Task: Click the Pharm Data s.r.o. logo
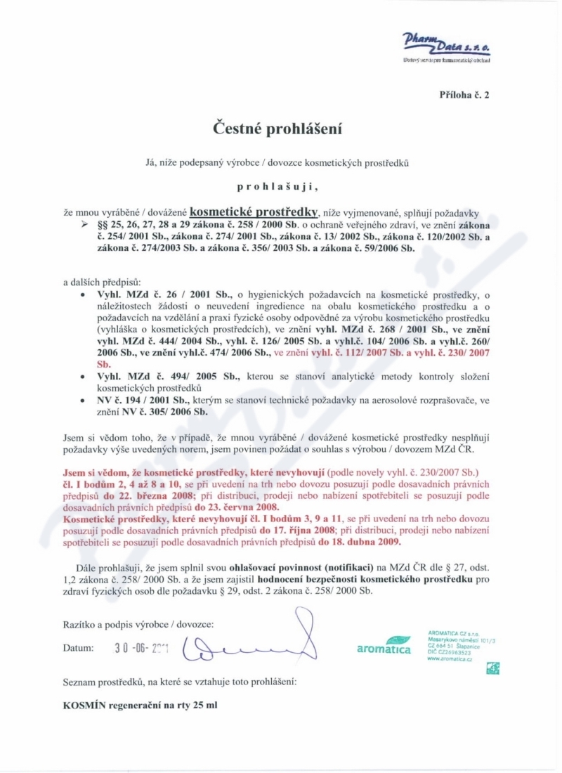446,46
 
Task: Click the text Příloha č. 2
464,94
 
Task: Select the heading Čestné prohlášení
280,129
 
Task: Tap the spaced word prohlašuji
281,188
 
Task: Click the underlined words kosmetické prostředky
255,210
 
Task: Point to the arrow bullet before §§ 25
85,223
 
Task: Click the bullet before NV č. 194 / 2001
84,400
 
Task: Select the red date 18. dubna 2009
360,542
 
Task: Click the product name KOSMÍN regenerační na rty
140,705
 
